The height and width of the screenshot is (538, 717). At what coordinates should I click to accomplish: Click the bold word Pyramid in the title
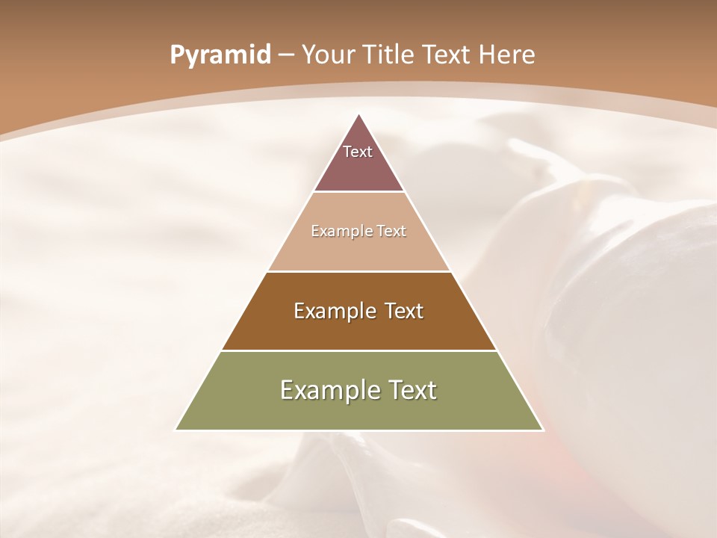pos(220,55)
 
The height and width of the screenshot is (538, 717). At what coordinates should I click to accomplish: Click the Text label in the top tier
pos(358,152)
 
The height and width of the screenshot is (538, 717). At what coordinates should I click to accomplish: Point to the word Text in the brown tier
pos(403,311)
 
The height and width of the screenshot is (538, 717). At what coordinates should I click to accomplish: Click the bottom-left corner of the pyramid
pos(176,430)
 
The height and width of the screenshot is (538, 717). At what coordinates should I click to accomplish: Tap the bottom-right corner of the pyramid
pos(543,430)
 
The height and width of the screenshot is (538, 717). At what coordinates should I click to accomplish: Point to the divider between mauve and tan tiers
pos(358,192)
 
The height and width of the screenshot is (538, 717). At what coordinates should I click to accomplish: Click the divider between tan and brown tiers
pos(358,271)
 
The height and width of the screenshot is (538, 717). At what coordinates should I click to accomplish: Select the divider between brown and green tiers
pos(358,350)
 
